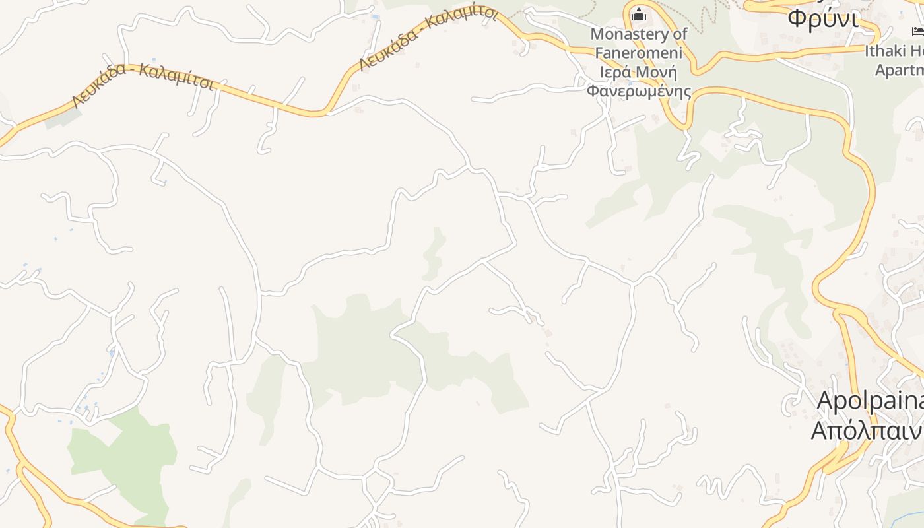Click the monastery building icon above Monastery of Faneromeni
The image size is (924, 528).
(638, 14)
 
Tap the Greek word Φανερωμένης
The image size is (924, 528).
(638, 90)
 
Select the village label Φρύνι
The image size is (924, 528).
(823, 18)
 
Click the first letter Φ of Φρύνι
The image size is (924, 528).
(797, 18)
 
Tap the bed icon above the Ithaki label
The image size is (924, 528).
(917, 31)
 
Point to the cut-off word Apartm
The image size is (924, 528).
(899, 69)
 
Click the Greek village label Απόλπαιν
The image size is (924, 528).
(866, 430)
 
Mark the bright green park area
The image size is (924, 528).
(125, 455)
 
